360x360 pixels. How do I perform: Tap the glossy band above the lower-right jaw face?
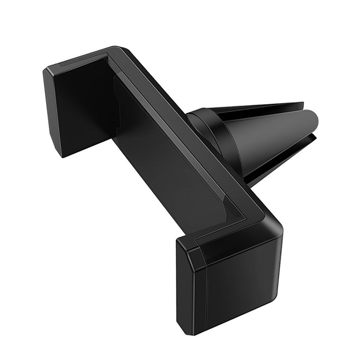[234, 238]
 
